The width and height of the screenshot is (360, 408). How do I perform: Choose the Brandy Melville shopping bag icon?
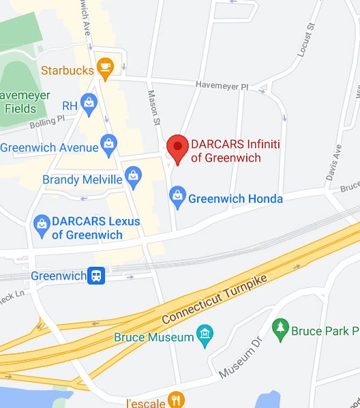(134, 179)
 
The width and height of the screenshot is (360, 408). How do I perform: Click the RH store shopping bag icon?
(89, 105)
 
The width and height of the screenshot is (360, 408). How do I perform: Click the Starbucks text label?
(67, 70)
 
